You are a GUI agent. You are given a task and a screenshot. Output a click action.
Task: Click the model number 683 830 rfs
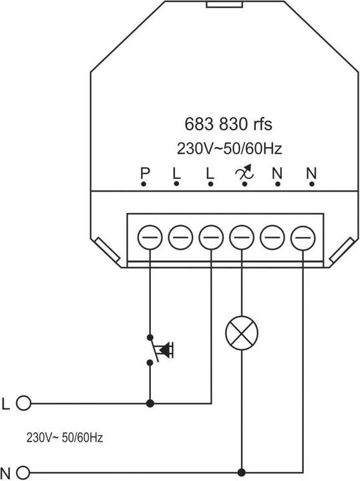click(x=228, y=124)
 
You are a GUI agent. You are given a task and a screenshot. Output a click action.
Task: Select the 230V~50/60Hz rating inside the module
click(x=228, y=148)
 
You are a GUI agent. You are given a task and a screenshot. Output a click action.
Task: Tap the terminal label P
click(x=144, y=174)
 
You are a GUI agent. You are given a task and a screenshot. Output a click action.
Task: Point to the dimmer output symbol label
click(x=243, y=174)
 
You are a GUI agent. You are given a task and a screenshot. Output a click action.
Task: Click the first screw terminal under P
click(x=148, y=236)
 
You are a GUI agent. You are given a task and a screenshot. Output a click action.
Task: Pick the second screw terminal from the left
click(x=179, y=236)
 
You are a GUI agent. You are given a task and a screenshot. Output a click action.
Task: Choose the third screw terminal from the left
click(x=210, y=236)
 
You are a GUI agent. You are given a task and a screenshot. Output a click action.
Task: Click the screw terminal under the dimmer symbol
click(x=241, y=236)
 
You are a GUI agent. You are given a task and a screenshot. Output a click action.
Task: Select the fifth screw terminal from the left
click(x=272, y=236)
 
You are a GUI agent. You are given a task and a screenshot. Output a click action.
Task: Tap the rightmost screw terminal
click(x=303, y=236)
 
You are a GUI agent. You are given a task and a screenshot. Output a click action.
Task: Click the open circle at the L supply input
click(x=24, y=403)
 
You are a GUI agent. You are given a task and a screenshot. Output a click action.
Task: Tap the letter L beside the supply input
click(x=6, y=403)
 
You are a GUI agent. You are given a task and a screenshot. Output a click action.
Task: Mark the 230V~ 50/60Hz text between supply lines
click(x=65, y=438)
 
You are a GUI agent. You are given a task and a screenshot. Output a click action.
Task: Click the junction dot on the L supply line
click(x=150, y=403)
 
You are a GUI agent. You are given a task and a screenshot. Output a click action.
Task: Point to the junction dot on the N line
click(x=241, y=470)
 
